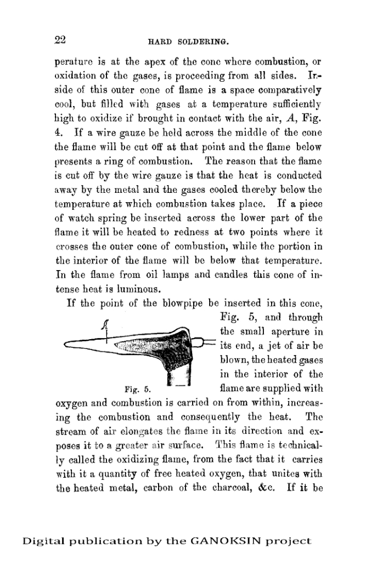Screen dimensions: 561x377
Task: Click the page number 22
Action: [60, 40]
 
